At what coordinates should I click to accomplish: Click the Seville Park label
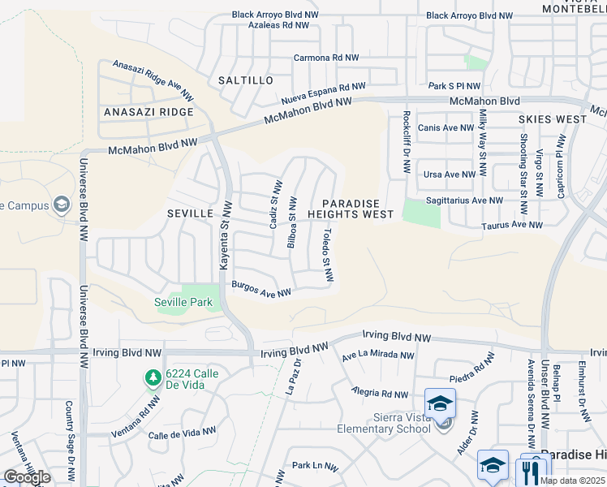183,303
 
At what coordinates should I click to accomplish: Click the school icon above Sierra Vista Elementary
440,403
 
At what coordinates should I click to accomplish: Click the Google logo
27,477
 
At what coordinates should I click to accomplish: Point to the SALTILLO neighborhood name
246,81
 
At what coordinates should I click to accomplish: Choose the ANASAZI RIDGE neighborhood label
149,112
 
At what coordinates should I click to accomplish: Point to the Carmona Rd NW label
326,58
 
